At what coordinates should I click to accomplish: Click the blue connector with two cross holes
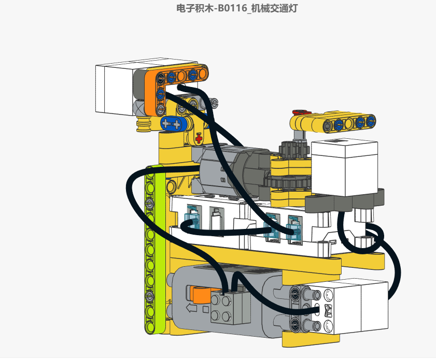(x=172, y=124)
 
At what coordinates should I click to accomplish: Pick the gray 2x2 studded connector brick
(x=228, y=308)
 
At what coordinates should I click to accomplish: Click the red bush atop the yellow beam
(x=299, y=111)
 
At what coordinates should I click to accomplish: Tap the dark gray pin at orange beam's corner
(x=161, y=78)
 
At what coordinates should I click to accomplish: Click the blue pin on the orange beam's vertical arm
(x=160, y=94)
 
